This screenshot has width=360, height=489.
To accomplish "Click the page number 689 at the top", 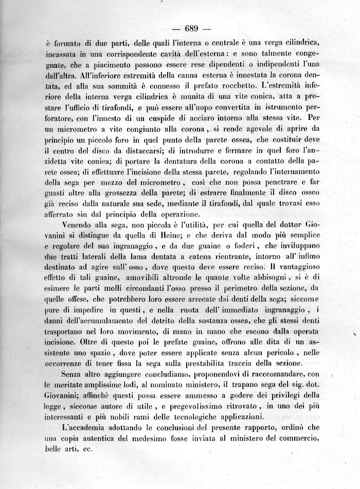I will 190,28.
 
